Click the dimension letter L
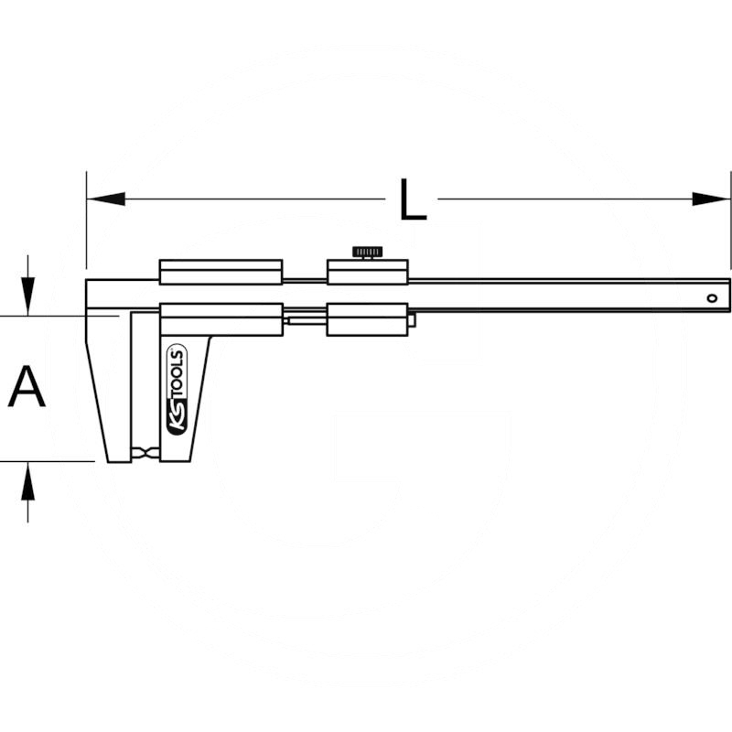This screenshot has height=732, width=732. point(414,199)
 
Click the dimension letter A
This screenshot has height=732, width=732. point(27,386)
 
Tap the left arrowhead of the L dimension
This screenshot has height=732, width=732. point(106,199)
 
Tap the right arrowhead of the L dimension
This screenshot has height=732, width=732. point(711,199)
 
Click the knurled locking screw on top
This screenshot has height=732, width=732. point(368,253)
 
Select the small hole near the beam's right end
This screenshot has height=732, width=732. point(712,298)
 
